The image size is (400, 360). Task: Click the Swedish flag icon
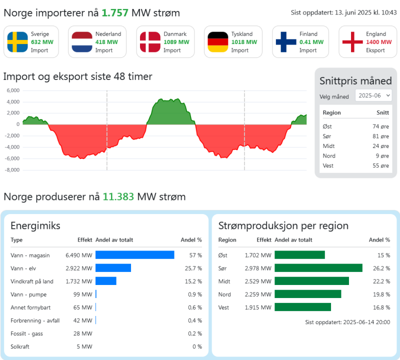[x=17, y=42]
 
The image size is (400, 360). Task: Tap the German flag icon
[x=218, y=42]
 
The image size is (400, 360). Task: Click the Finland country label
[x=308, y=34]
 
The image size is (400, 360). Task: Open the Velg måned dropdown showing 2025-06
[x=373, y=95]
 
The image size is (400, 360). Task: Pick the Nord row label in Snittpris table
[x=329, y=155]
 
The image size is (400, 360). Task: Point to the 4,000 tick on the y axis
[x=13, y=101]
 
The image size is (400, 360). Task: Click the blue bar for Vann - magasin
[x=134, y=255]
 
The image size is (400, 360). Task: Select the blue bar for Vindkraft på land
[x=105, y=281]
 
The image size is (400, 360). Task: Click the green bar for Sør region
[x=318, y=268]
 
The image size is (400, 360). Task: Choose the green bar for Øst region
[x=300, y=255]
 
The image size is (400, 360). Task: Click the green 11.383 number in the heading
[x=118, y=196]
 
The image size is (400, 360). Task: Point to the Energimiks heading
[x=35, y=225]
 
